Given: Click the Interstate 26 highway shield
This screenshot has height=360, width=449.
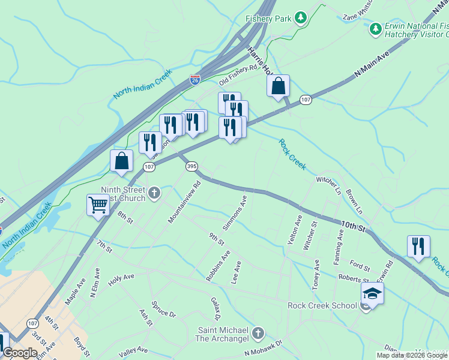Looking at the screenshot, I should click(x=194, y=79).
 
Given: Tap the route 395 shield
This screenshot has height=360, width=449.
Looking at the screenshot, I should click(x=191, y=166).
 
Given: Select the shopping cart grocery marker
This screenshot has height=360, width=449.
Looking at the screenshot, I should click(x=98, y=205).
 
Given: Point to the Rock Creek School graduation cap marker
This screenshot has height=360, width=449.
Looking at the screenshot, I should click(x=372, y=294).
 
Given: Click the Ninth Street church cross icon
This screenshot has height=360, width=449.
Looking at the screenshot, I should click(x=154, y=193).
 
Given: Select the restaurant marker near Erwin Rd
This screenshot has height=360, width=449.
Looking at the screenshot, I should click(x=418, y=246).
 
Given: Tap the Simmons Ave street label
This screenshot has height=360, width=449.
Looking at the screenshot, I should click(x=235, y=212).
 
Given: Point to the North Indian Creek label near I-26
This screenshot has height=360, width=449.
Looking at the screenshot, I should click(x=142, y=84).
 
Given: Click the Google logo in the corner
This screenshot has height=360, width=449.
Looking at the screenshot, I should click(x=20, y=353).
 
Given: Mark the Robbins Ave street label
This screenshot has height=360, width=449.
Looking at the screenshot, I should click(x=218, y=266).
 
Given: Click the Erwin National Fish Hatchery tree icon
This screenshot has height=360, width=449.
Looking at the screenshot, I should click(x=376, y=28).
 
